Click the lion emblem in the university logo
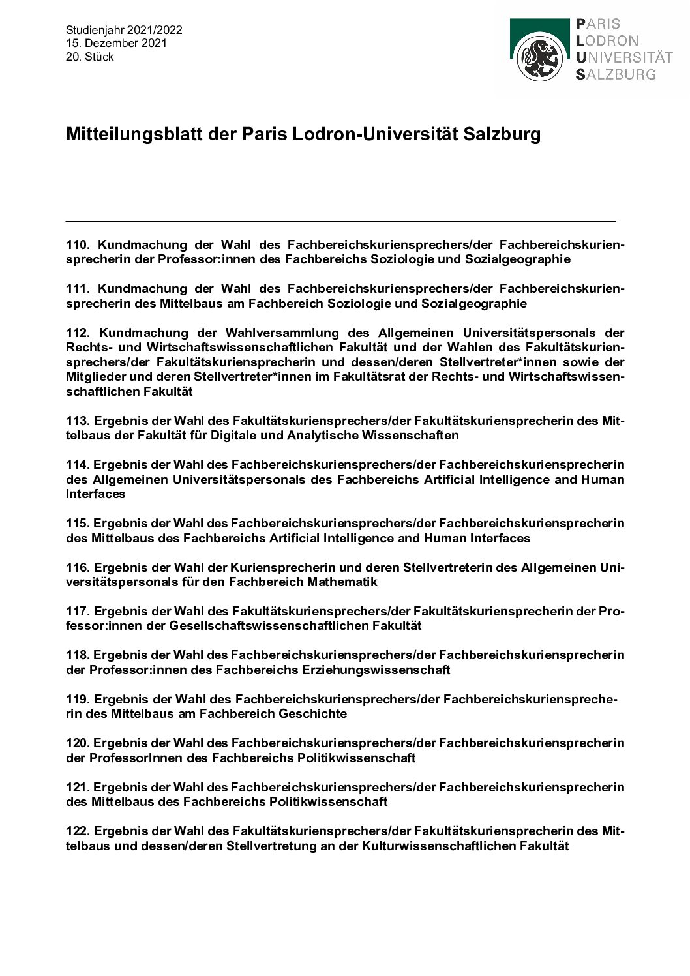(x=539, y=58)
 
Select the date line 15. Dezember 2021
(x=116, y=43)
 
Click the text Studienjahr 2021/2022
(x=124, y=30)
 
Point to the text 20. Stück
(x=90, y=57)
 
